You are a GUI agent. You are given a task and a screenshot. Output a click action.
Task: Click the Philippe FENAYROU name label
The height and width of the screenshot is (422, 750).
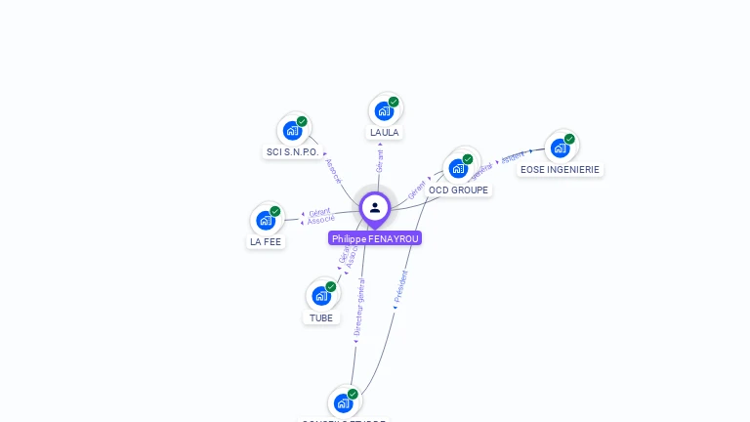click(375, 238)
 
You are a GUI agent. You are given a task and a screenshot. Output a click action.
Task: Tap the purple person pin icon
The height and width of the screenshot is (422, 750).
click(375, 208)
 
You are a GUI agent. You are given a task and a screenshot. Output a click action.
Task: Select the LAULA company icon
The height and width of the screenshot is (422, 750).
click(384, 110)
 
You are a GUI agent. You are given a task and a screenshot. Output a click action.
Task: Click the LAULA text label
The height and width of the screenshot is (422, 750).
click(384, 132)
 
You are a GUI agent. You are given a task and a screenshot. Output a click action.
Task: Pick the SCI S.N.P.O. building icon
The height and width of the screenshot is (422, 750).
click(292, 130)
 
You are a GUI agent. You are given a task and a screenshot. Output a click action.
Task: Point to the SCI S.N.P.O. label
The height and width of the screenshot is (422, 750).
click(292, 151)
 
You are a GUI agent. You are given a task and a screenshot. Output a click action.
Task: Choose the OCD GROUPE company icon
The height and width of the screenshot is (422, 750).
click(458, 168)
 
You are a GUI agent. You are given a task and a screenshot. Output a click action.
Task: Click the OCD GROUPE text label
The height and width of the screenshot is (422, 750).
click(458, 190)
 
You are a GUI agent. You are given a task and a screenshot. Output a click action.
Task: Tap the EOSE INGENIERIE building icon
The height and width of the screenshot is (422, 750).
click(560, 148)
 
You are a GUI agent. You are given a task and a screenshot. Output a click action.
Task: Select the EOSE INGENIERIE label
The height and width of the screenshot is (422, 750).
click(560, 169)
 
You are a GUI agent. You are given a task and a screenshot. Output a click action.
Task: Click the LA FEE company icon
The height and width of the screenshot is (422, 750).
click(266, 220)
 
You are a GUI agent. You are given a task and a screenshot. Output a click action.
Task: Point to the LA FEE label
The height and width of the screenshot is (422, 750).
click(266, 241)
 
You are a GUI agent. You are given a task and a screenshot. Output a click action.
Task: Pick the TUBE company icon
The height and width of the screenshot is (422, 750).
click(321, 296)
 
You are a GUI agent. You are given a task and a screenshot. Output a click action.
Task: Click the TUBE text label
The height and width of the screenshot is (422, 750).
click(321, 317)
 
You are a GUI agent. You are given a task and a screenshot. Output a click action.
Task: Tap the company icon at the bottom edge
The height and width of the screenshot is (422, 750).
click(343, 403)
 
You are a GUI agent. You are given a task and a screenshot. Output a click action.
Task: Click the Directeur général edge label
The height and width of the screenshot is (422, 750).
click(359, 308)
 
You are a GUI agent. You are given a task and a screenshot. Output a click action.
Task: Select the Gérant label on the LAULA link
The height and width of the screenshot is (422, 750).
click(380, 160)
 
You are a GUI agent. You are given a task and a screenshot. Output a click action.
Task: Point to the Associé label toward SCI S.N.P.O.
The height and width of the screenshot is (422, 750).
click(333, 171)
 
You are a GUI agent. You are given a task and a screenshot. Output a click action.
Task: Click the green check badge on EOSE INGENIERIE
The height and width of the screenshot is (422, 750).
click(569, 139)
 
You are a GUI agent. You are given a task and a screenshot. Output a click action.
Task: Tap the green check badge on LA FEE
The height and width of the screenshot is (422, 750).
click(275, 211)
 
